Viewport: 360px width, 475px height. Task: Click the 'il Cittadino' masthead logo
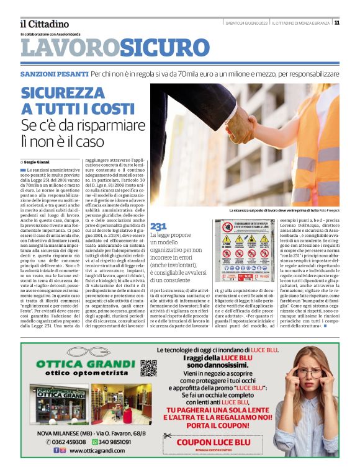(43, 24)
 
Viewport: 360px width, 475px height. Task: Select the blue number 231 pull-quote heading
(158, 226)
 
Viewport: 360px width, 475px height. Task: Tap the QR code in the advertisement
(148, 368)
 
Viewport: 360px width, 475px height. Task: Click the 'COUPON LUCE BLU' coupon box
(213, 442)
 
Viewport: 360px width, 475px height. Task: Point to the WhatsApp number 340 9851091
(115, 442)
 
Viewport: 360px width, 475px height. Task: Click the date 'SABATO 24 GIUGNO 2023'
(246, 22)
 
